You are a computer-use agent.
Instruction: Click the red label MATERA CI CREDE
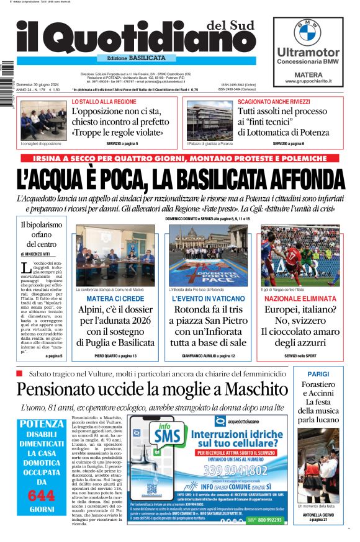coord(115,299)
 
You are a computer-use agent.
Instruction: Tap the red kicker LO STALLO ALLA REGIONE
coord(104,102)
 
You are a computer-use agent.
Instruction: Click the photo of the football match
coord(300,255)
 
